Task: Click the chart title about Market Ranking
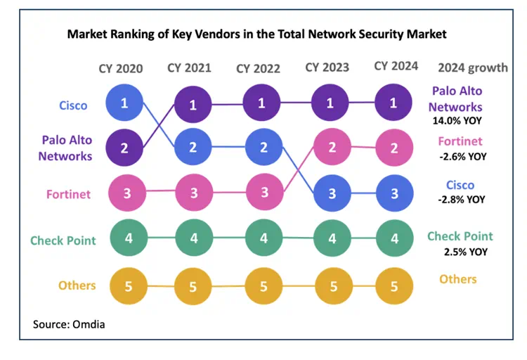256,34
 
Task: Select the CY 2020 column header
120,68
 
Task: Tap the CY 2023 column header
327,67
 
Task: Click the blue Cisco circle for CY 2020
124,103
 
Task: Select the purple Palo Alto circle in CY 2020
124,148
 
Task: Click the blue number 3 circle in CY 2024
393,192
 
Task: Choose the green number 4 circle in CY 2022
263,238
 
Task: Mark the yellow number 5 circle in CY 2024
393,286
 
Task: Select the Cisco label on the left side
73,105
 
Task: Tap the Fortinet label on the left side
69,193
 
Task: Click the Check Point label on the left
63,240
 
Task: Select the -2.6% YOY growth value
462,156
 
